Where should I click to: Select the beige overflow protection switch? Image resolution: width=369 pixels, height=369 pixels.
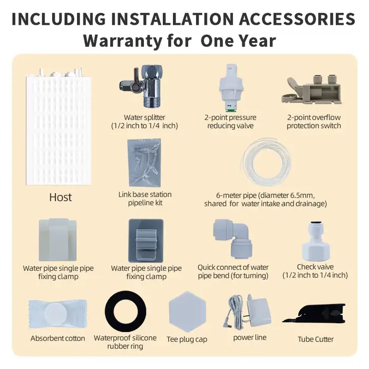[x=312, y=90]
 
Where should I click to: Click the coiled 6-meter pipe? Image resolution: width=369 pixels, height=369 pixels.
[x=266, y=162]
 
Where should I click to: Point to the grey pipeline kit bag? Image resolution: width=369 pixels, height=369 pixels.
[x=144, y=162]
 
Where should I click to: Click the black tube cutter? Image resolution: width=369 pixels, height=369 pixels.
[x=314, y=314]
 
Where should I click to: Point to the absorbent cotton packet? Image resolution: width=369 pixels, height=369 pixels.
[x=57, y=314]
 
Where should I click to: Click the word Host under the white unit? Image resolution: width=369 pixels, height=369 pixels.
[x=61, y=197]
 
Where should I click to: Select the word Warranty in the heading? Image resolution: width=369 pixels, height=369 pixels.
[x=122, y=41]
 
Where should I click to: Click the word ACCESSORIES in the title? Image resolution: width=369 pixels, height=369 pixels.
[x=297, y=19]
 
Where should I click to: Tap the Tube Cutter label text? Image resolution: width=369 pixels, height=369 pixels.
[x=316, y=339]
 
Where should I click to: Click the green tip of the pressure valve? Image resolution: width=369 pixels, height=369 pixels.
[x=230, y=110]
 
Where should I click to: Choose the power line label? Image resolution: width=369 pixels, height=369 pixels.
[x=250, y=337]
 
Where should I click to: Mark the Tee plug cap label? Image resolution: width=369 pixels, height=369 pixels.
[x=187, y=339]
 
